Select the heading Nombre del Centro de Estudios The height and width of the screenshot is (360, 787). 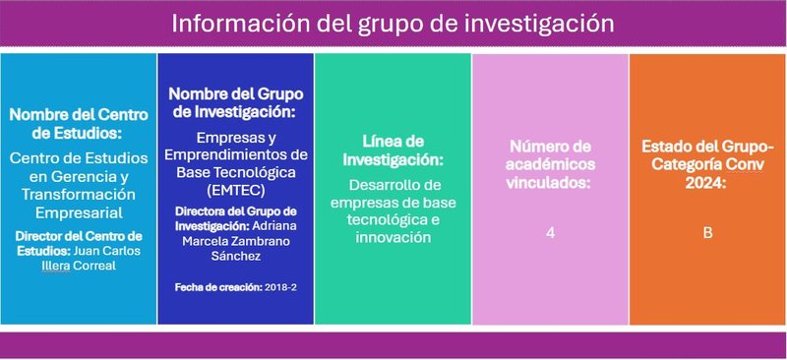79,124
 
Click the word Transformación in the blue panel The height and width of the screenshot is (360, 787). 79,195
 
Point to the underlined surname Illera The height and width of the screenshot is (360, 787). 56,266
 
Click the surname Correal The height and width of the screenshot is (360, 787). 94,266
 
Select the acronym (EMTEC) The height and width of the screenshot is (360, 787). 236,191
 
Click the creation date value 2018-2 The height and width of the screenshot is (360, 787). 280,287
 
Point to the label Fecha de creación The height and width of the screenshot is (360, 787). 218,287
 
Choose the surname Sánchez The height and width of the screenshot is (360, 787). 236,256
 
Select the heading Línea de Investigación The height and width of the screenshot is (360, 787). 393,150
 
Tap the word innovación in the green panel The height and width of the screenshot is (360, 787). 393,237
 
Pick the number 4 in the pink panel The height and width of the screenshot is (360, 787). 551,233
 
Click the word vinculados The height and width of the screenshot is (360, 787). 551,183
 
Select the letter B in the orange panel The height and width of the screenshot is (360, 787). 707,233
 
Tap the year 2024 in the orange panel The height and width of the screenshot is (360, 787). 705,183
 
